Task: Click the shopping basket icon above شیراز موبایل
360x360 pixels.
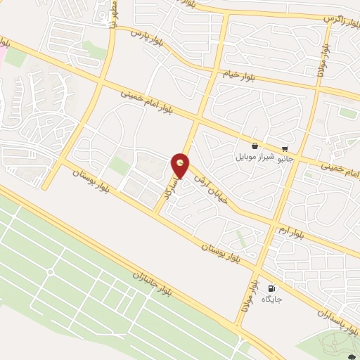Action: (254, 146)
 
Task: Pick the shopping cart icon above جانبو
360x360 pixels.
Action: (284, 148)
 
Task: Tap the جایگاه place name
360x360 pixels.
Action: (271, 300)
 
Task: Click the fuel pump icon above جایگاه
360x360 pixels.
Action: (271, 288)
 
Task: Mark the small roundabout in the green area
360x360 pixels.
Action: (50, 272)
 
